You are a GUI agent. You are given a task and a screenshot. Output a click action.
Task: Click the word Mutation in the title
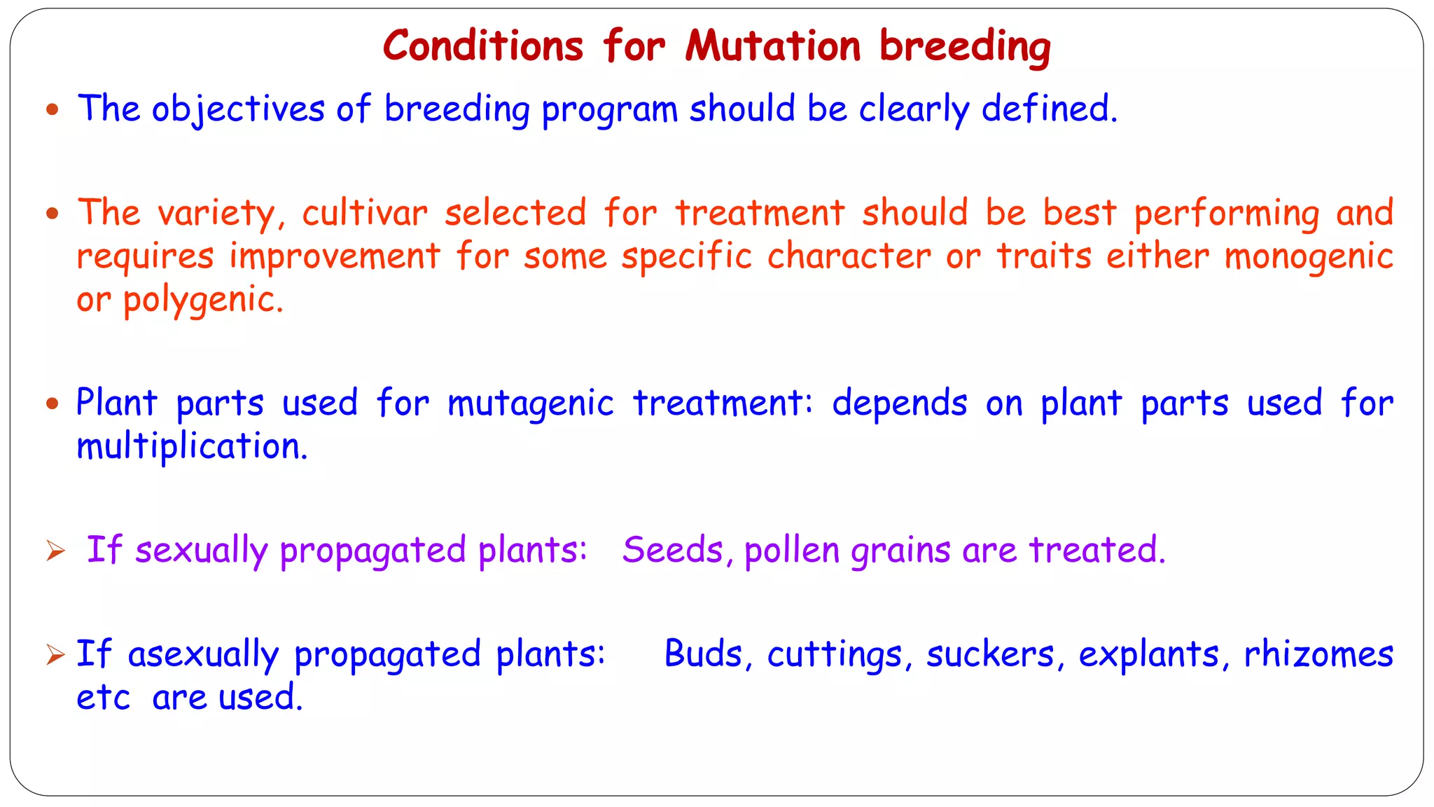point(772,46)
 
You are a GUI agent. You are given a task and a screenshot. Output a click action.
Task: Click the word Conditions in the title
point(483,46)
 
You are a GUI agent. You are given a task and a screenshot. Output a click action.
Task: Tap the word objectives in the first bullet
point(238,110)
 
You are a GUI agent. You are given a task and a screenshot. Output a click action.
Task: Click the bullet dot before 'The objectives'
point(53,109)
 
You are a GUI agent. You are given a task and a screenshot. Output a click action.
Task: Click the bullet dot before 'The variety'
point(53,213)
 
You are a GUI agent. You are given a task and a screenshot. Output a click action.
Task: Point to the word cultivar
point(364,213)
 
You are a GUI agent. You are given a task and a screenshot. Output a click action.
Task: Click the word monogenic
point(1309,257)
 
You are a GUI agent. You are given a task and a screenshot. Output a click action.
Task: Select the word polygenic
point(202,301)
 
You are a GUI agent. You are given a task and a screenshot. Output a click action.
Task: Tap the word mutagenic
point(530,404)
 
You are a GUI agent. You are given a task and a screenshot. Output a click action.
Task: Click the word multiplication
point(191,446)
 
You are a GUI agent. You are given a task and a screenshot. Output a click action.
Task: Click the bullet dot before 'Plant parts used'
point(53,403)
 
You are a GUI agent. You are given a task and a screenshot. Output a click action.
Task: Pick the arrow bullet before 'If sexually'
point(55,551)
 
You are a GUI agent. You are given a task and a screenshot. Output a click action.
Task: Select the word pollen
point(791,550)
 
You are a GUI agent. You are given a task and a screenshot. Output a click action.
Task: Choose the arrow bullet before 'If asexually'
point(55,655)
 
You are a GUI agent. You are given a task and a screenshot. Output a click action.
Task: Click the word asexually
point(203,655)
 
